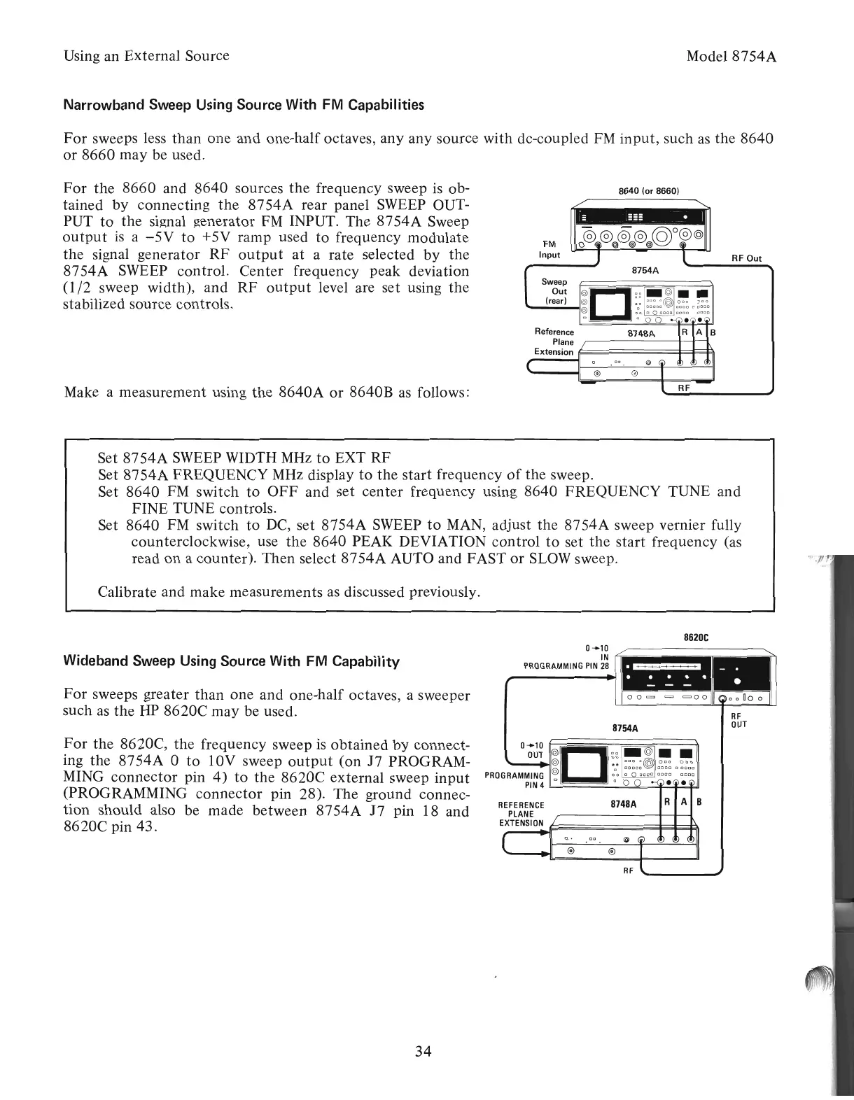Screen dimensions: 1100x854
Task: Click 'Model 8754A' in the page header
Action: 732,56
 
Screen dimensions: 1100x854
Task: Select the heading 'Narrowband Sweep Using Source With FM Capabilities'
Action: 244,106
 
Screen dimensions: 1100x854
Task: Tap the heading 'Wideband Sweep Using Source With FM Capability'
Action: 231,661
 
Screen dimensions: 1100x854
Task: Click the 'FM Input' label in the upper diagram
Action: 549,249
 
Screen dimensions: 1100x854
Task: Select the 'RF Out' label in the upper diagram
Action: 745,258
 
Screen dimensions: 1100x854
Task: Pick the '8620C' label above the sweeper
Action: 695,637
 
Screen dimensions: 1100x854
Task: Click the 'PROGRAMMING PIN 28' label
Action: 567,665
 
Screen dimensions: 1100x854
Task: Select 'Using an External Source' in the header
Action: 146,55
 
